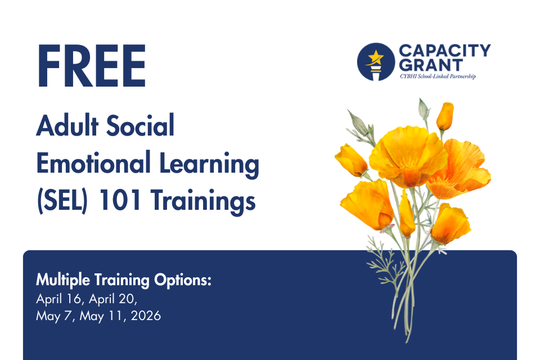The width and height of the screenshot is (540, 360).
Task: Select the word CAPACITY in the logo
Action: pyautogui.click(x=444, y=51)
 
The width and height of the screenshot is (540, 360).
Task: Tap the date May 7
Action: pyautogui.click(x=56, y=316)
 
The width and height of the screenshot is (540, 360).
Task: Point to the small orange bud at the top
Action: pyautogui.click(x=445, y=116)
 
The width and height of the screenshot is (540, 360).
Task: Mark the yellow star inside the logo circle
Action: pyautogui.click(x=373, y=57)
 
